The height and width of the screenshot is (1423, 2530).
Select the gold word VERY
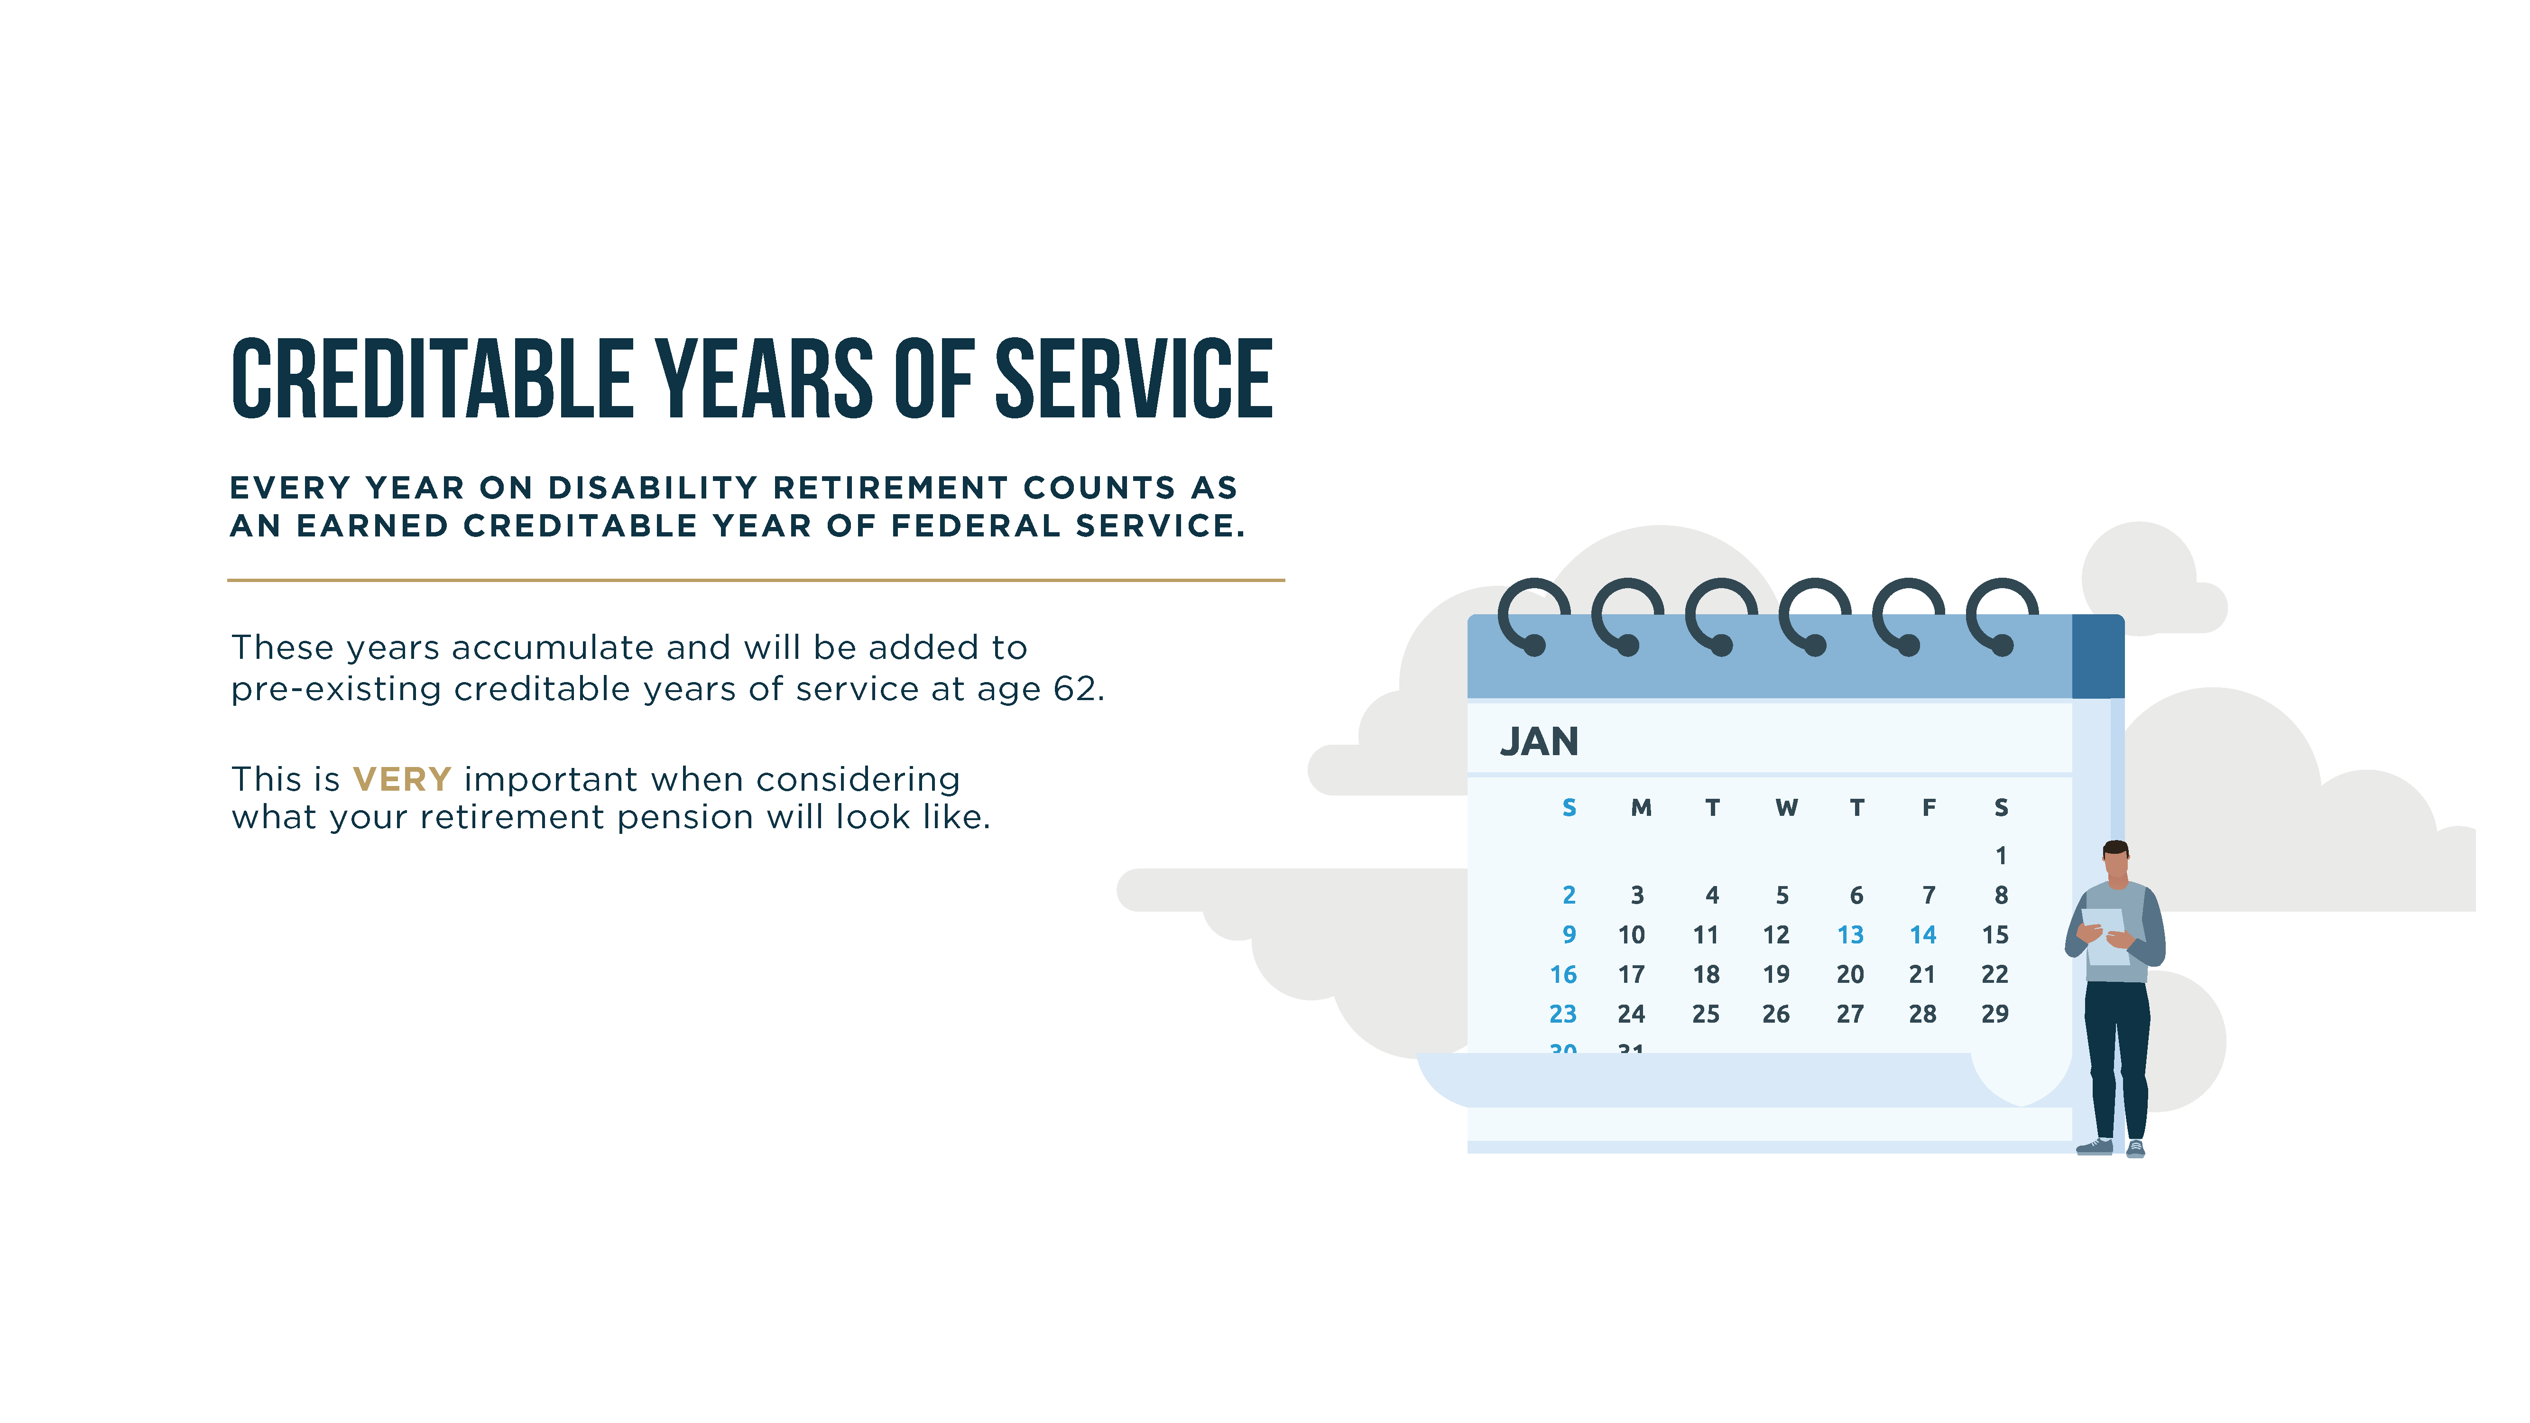402,780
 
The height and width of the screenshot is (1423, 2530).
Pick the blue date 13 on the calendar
1850,935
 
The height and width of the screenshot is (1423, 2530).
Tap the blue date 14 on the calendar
1923,935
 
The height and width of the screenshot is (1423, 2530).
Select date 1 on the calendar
2001,855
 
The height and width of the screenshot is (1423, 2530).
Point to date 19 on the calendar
1776,974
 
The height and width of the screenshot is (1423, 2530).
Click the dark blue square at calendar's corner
2098,656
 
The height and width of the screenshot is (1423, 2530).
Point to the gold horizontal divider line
756,581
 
